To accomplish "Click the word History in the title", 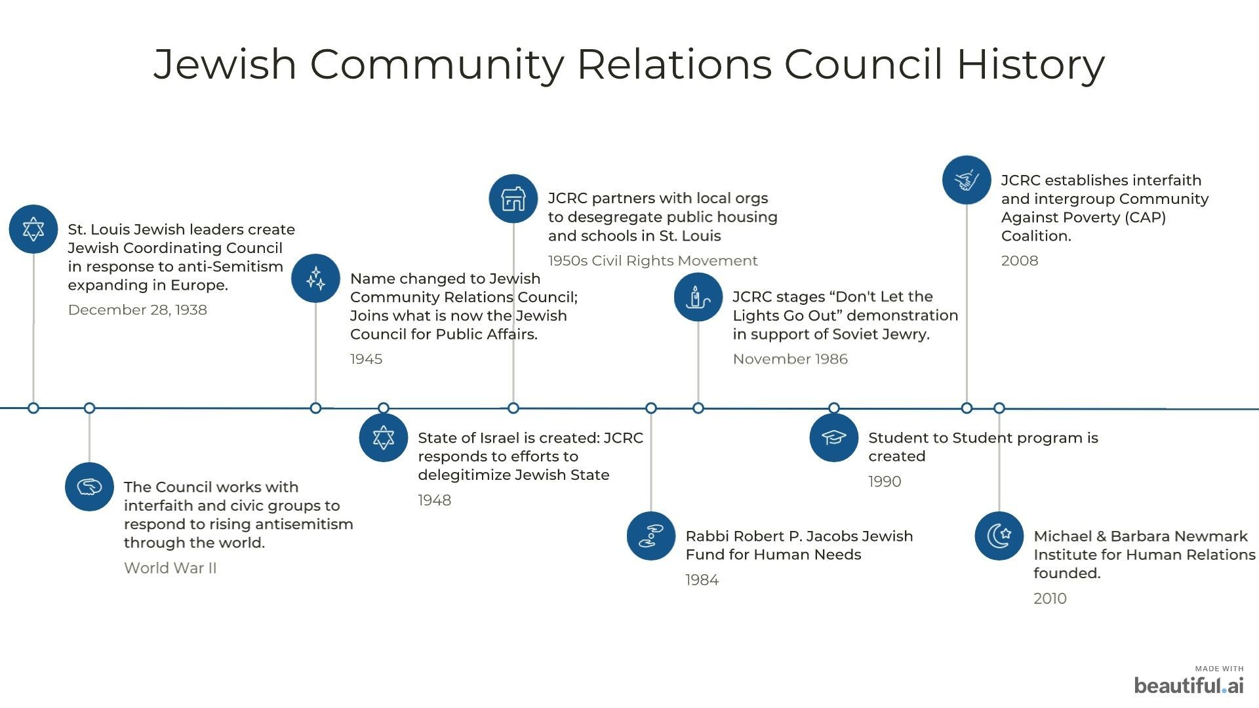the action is (1030, 64).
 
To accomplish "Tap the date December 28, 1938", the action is (138, 310).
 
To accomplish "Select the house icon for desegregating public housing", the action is (513, 199).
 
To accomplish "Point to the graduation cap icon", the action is (834, 437).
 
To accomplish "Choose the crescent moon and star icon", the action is (999, 536).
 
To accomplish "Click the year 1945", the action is (367, 359).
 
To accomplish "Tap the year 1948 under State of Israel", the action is (435, 500).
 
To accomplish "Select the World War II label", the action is (170, 568).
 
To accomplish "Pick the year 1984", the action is (702, 580).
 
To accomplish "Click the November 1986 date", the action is (790, 359).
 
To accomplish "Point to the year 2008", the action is (1020, 261).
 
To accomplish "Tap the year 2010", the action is (1050, 599).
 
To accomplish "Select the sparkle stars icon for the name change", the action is (315, 279).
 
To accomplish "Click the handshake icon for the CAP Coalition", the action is (967, 180).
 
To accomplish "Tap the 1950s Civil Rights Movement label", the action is (653, 261).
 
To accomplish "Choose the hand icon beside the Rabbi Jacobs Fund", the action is (651, 536).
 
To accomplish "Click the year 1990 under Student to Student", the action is (885, 482).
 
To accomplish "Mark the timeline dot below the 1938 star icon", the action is (33, 408).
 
